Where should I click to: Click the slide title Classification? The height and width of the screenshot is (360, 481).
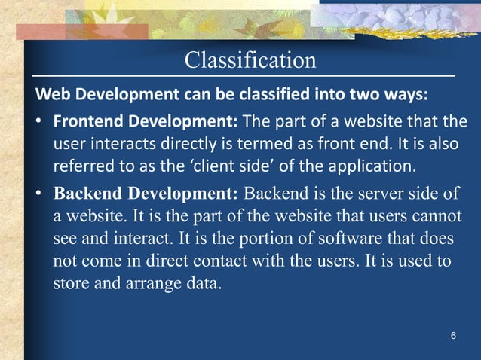250,59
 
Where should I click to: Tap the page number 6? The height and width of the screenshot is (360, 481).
452,335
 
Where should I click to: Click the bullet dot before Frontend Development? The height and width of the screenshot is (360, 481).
38,122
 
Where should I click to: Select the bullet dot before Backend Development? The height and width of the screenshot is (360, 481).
38,193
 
